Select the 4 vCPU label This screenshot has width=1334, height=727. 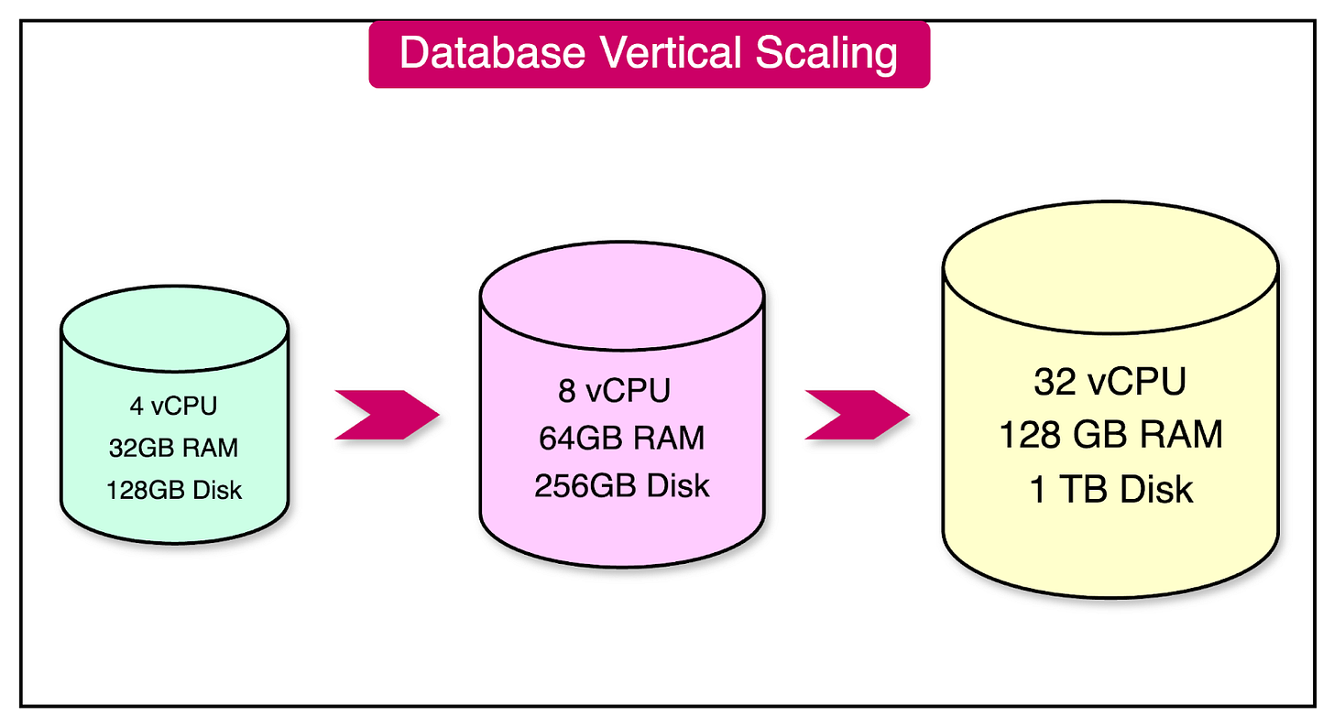coord(174,406)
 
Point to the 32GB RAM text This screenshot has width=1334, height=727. coord(174,448)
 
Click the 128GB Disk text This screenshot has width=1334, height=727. coord(174,490)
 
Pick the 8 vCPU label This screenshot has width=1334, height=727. coord(614,392)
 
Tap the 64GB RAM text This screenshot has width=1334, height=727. coord(622,439)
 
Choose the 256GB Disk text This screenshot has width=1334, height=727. coord(622,485)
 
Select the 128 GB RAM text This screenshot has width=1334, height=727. coord(1110,435)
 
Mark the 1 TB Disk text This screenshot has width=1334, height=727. coord(1110,490)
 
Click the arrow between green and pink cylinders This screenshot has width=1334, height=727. coord(386,415)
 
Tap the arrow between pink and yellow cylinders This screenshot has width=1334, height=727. coord(856,415)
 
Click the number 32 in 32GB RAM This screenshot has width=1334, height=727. coord(121,448)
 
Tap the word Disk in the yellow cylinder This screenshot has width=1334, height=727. coord(1159,490)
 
